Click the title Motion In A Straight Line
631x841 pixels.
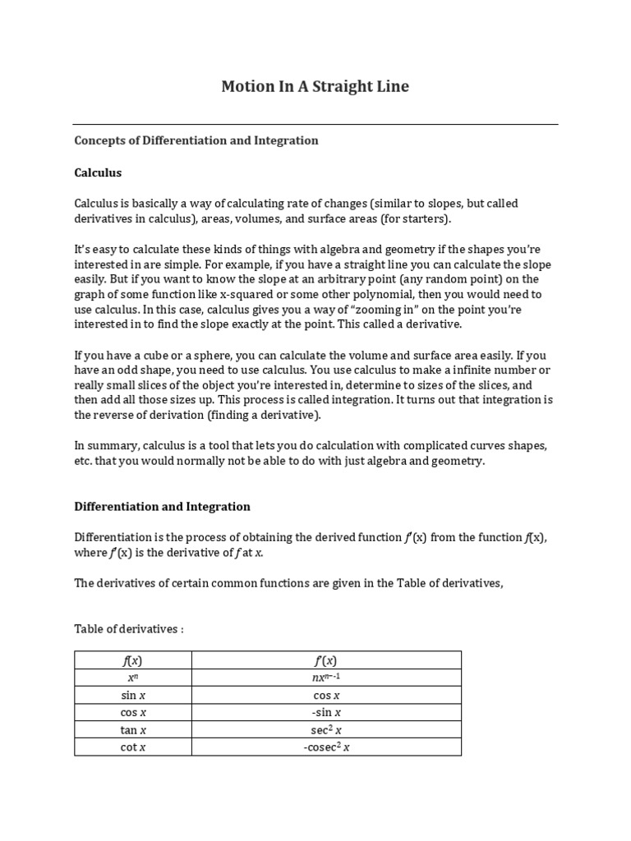[315, 86]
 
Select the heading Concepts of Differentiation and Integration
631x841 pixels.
[196, 140]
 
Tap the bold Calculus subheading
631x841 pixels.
[98, 173]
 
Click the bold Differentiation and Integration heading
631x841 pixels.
[162, 507]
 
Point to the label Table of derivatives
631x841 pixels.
[129, 629]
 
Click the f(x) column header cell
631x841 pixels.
[132, 660]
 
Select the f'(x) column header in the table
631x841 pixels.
[325, 660]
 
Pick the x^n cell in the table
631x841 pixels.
[132, 678]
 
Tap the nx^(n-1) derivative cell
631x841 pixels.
[325, 678]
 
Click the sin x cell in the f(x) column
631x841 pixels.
[132, 695]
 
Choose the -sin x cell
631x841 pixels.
[325, 712]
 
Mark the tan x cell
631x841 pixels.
[132, 729]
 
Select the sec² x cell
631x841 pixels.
[325, 729]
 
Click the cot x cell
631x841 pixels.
[132, 747]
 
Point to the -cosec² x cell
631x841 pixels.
[325, 747]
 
